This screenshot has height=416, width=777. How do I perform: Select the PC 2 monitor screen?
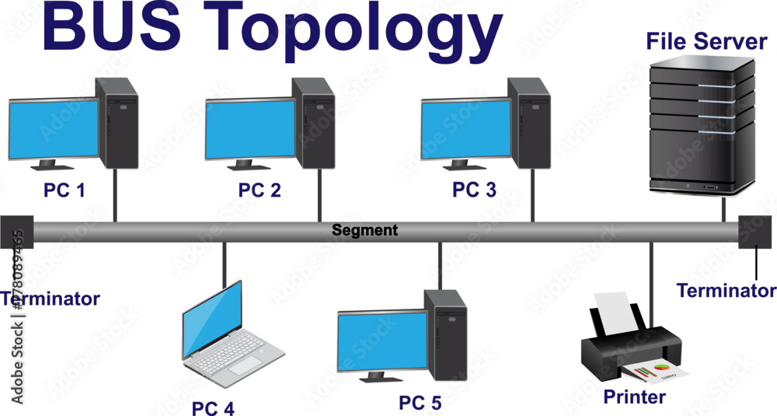250,128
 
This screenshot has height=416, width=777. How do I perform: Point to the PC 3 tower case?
531,122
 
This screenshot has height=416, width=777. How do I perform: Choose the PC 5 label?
420,403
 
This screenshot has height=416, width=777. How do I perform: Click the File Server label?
706,40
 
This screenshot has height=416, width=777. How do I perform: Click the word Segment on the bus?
364,230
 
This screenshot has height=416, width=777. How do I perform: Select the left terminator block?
16,232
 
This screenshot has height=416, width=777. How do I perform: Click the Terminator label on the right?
726,291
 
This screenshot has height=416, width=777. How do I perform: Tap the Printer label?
634,397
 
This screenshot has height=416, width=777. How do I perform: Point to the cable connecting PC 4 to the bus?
224,264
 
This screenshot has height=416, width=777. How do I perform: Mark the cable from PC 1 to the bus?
115,194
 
